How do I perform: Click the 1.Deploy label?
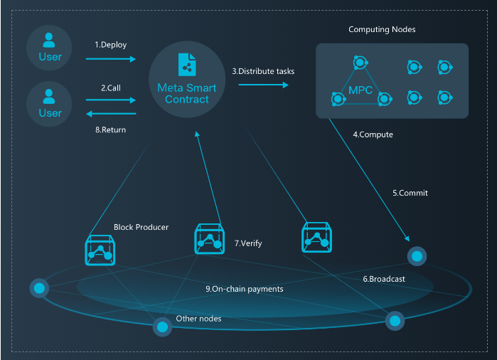(111, 45)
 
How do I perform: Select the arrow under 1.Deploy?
(111, 59)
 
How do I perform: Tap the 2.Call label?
(111, 88)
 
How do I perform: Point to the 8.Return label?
(111, 129)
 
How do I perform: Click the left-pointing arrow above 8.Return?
(111, 114)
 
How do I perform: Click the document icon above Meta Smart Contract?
(187, 65)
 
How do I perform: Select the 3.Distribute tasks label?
(263, 71)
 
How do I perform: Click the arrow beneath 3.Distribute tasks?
(263, 85)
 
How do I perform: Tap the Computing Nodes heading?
(382, 29)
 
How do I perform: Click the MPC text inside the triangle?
(360, 90)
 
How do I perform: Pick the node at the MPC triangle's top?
(360, 63)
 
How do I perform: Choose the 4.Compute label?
(373, 134)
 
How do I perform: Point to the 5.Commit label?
(410, 193)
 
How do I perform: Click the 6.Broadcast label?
(384, 279)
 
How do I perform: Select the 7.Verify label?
(248, 243)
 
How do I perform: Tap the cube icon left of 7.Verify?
(210, 239)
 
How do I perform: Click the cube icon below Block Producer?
(100, 250)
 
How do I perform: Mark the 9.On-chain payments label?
(245, 289)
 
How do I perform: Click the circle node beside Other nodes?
(162, 327)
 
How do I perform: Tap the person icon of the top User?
(49, 41)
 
